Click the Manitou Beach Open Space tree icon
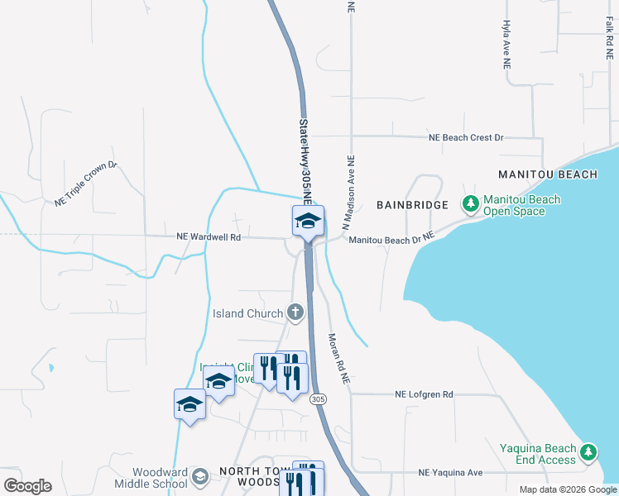click(x=470, y=203)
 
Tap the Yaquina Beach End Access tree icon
click(x=588, y=452)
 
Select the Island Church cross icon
click(x=295, y=312)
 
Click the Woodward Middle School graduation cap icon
click(x=200, y=477)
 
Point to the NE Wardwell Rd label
click(x=209, y=236)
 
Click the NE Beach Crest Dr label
click(x=465, y=137)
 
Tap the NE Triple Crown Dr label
click(x=87, y=184)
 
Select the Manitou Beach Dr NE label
click(x=391, y=240)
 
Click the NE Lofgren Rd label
click(x=425, y=394)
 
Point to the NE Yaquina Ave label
click(x=450, y=473)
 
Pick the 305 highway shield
click(x=319, y=399)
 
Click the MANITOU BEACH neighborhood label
click(x=547, y=174)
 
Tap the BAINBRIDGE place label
click(x=412, y=204)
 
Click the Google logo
click(x=27, y=485)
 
